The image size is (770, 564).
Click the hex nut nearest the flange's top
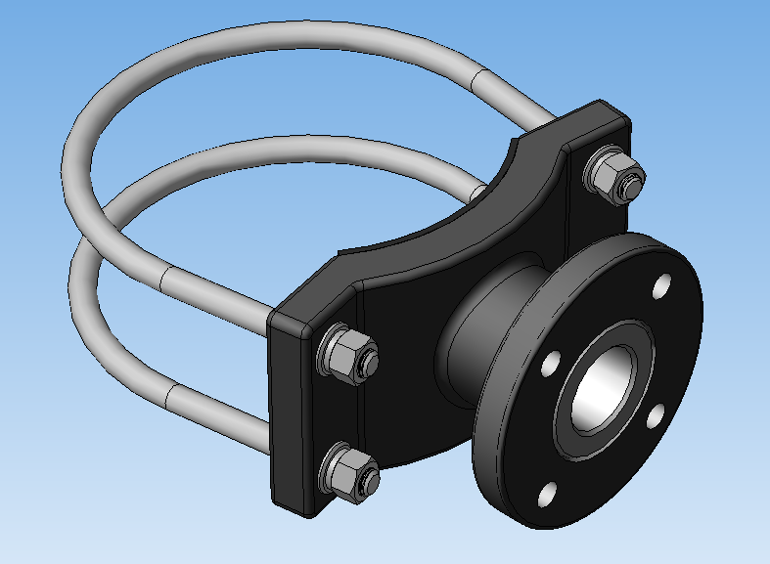click(613, 176)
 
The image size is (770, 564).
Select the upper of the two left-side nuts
click(345, 354)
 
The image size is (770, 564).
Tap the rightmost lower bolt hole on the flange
click(658, 417)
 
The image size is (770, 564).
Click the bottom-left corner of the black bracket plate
click(284, 503)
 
